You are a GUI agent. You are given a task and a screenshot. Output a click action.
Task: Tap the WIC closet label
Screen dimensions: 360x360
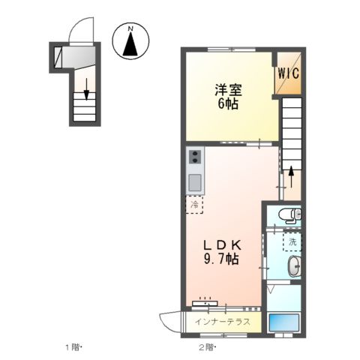click(289, 73)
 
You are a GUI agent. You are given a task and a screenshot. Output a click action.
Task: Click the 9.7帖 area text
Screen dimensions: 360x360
click(220, 260)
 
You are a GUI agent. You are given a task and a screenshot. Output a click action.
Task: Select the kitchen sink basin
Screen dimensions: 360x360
click(194, 182)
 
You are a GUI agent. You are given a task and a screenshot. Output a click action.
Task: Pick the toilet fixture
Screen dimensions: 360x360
click(289, 217)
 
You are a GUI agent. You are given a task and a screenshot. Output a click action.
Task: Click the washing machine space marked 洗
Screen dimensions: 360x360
click(291, 241)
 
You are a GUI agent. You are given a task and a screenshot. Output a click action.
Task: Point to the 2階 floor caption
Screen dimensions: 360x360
click(207, 347)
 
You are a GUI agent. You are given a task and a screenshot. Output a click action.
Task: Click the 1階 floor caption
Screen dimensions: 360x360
click(72, 347)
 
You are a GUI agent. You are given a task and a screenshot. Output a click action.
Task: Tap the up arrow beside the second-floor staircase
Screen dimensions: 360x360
click(291, 177)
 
